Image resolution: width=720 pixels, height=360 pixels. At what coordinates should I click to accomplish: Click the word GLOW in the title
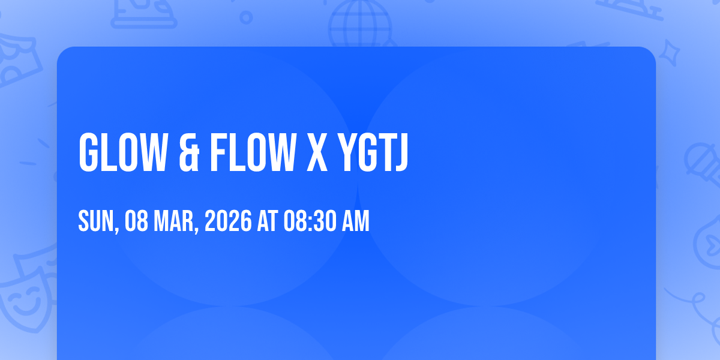(123, 152)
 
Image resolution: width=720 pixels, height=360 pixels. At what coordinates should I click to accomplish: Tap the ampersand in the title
(189, 152)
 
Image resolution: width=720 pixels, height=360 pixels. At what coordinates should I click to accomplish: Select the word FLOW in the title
(253, 152)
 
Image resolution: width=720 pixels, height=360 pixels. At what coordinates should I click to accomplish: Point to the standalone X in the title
(317, 152)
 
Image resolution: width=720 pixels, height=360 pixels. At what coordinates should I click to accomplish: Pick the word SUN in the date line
(98, 221)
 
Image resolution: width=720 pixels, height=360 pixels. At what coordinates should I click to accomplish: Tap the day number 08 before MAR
(136, 221)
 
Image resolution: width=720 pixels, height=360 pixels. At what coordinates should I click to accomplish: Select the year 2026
(228, 221)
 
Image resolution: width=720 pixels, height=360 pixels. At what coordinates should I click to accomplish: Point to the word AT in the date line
(268, 221)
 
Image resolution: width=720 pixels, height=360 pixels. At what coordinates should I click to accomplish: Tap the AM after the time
(355, 221)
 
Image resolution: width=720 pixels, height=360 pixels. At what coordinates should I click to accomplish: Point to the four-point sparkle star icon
(669, 53)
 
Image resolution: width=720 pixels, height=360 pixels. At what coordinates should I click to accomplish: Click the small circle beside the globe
(246, 17)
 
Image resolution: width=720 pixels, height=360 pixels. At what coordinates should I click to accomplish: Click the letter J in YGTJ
(401, 152)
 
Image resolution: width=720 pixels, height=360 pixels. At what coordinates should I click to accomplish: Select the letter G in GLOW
(88, 152)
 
